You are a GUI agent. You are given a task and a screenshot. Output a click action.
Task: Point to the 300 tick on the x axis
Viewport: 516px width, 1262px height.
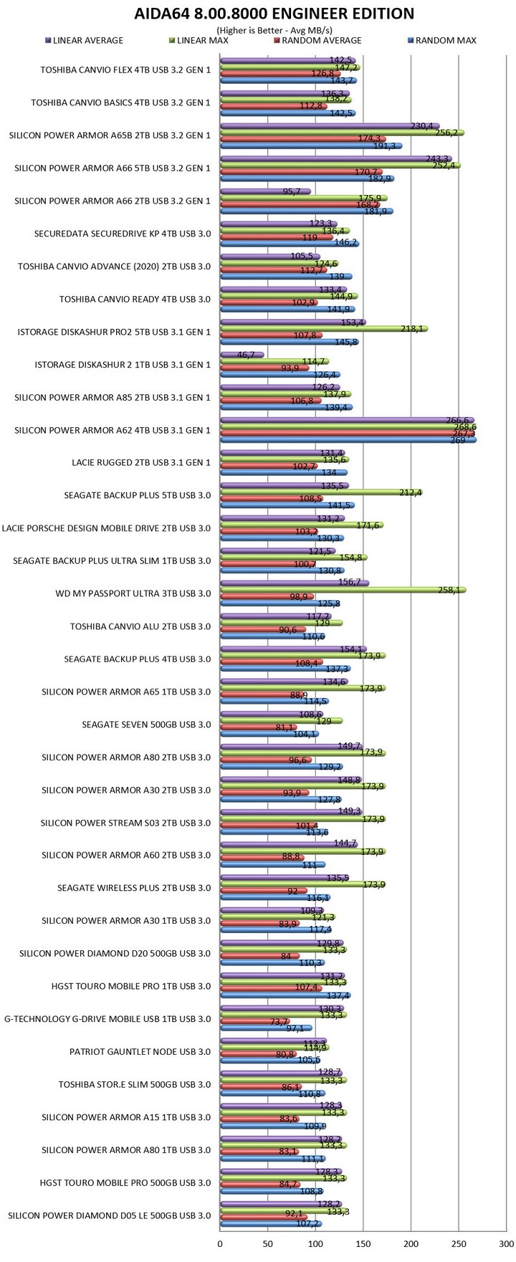click(x=505, y=1243)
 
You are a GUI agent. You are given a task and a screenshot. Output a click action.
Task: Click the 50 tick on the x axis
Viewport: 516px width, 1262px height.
click(x=268, y=1243)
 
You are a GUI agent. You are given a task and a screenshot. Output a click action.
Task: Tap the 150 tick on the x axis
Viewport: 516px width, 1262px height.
click(x=363, y=1243)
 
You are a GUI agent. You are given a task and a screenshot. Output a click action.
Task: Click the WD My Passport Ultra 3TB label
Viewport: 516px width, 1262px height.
click(x=133, y=593)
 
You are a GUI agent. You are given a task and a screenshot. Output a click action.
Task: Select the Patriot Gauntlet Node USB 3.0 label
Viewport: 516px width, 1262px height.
click(x=140, y=1052)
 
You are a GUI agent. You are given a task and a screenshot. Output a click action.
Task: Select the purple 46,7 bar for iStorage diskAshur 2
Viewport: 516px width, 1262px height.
click(x=242, y=355)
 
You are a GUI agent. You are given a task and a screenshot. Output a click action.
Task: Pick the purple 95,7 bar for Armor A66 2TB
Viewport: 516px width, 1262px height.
click(x=265, y=191)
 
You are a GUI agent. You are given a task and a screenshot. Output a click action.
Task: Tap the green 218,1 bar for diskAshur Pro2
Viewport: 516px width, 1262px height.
click(x=323, y=328)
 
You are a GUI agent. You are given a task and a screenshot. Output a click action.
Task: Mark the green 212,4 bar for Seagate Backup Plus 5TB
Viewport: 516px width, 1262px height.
click(x=320, y=492)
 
